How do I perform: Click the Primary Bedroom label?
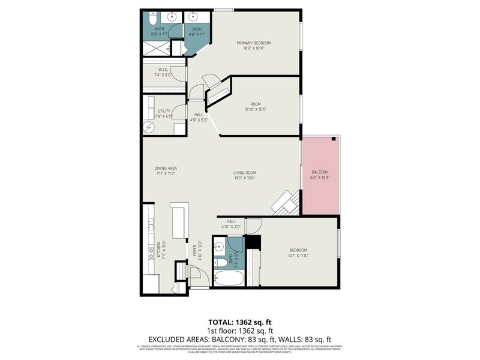tap(254, 43)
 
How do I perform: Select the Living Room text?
tap(245, 173)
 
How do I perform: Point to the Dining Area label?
tap(166, 169)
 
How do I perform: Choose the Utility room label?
tap(164, 111)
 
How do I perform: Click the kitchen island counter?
tap(179, 221)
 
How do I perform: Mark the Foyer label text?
tap(194, 251)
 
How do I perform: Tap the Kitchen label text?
tap(159, 250)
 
